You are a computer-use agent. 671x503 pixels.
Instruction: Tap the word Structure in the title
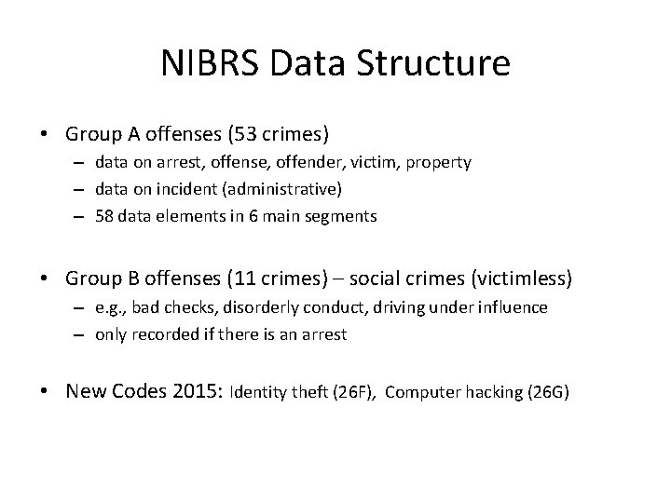[438, 63]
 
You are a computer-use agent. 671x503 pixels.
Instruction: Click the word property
[438, 162]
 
